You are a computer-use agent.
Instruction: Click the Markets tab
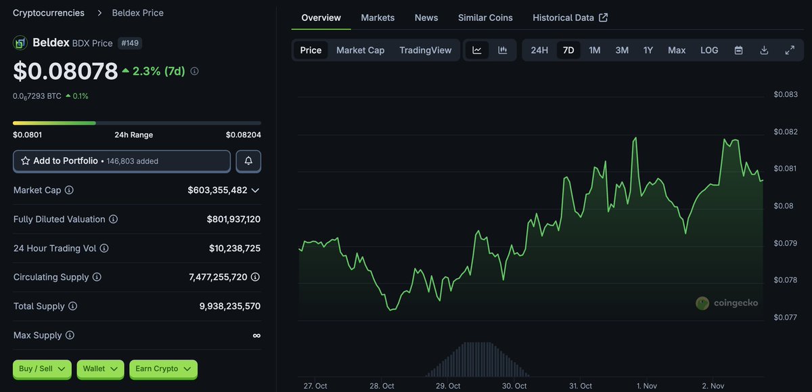click(378, 18)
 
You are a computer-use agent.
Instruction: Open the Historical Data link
click(570, 18)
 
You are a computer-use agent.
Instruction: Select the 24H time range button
click(539, 50)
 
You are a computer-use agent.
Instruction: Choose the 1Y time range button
click(648, 50)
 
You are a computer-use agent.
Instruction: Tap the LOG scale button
click(709, 50)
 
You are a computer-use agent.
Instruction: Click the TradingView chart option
click(425, 50)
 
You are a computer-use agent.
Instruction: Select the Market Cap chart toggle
click(360, 50)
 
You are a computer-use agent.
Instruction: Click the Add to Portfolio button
click(122, 161)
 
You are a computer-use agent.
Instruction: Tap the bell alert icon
click(248, 161)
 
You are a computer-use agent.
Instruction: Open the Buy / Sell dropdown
click(42, 369)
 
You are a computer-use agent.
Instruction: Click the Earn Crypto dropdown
click(163, 369)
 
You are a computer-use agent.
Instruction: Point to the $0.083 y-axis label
click(786, 94)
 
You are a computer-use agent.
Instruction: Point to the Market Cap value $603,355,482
click(217, 190)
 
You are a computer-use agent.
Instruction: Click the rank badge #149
click(130, 43)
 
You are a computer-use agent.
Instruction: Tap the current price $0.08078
click(65, 70)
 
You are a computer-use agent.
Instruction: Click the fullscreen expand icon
click(790, 50)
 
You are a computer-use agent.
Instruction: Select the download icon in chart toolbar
click(764, 50)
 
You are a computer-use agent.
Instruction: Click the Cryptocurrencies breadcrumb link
click(49, 13)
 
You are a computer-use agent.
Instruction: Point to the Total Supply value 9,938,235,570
click(229, 306)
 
